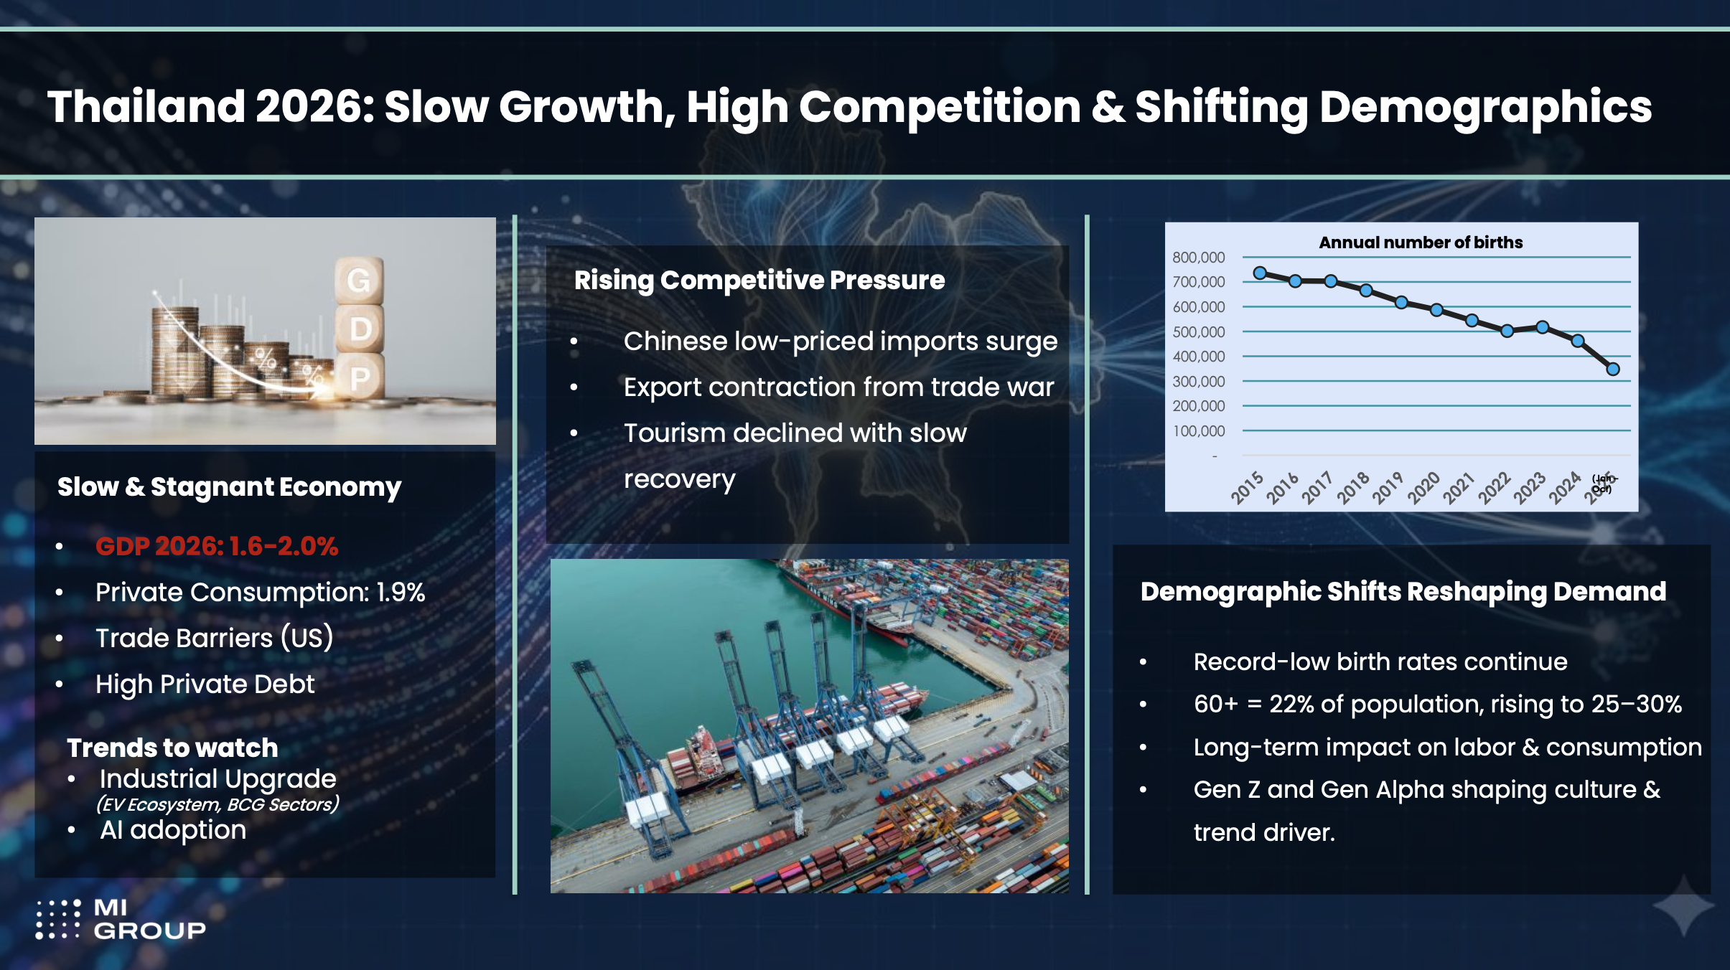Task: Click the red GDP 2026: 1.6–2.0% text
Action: click(217, 547)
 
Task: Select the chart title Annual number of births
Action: click(1421, 242)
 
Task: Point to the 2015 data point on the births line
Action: click(1260, 273)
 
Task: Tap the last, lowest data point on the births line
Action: click(1613, 369)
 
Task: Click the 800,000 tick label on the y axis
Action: click(1198, 257)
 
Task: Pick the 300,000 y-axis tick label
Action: click(1198, 381)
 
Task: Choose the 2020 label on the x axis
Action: click(1423, 488)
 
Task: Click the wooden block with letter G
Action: click(358, 281)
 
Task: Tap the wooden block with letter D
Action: click(360, 329)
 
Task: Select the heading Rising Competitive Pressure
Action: click(759, 280)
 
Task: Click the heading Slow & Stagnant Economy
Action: click(229, 487)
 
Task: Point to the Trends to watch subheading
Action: click(172, 748)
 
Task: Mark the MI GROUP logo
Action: click(121, 919)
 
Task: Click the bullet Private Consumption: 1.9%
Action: click(260, 593)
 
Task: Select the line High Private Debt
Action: click(205, 684)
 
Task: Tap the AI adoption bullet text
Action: click(173, 830)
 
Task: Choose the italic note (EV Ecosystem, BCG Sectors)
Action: click(218, 804)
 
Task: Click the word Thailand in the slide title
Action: click(146, 107)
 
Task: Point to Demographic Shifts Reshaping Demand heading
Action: click(1403, 592)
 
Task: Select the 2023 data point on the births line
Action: click(1543, 327)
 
